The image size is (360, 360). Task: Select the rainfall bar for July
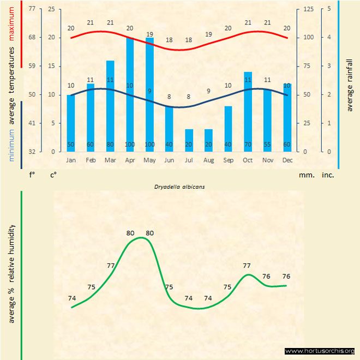[189, 140]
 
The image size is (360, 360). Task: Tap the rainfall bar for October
[248, 111]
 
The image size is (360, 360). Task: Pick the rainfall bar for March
[110, 106]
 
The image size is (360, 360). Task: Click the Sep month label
[228, 160]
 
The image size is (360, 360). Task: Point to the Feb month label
[91, 160]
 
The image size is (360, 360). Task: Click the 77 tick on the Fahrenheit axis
[32, 9]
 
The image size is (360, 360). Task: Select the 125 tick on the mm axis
[308, 9]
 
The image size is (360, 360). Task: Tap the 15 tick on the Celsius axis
[51, 66]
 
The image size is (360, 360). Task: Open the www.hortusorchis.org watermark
[320, 351]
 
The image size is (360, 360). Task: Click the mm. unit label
[306, 175]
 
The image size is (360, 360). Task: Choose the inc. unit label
[328, 175]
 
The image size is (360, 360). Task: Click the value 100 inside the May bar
[149, 145]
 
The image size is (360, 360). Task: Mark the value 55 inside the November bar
[267, 145]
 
